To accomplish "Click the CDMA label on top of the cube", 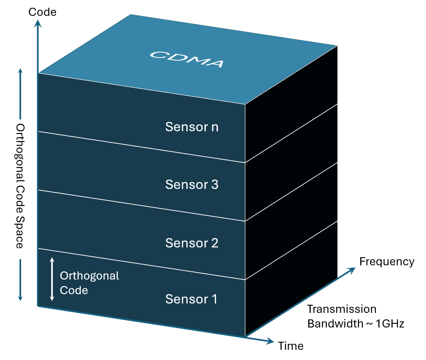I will [x=186, y=59].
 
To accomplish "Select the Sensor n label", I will [x=192, y=127].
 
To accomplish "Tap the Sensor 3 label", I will [x=192, y=185].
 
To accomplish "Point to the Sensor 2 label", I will [x=192, y=243].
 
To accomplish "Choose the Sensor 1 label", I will [x=191, y=299].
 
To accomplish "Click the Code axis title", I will [x=42, y=12].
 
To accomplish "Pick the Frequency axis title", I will [x=387, y=262].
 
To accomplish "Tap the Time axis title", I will [x=291, y=346].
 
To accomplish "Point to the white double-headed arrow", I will [x=52, y=279].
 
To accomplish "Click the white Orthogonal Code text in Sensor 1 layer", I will [x=89, y=283].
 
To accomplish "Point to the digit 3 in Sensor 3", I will [x=214, y=185].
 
